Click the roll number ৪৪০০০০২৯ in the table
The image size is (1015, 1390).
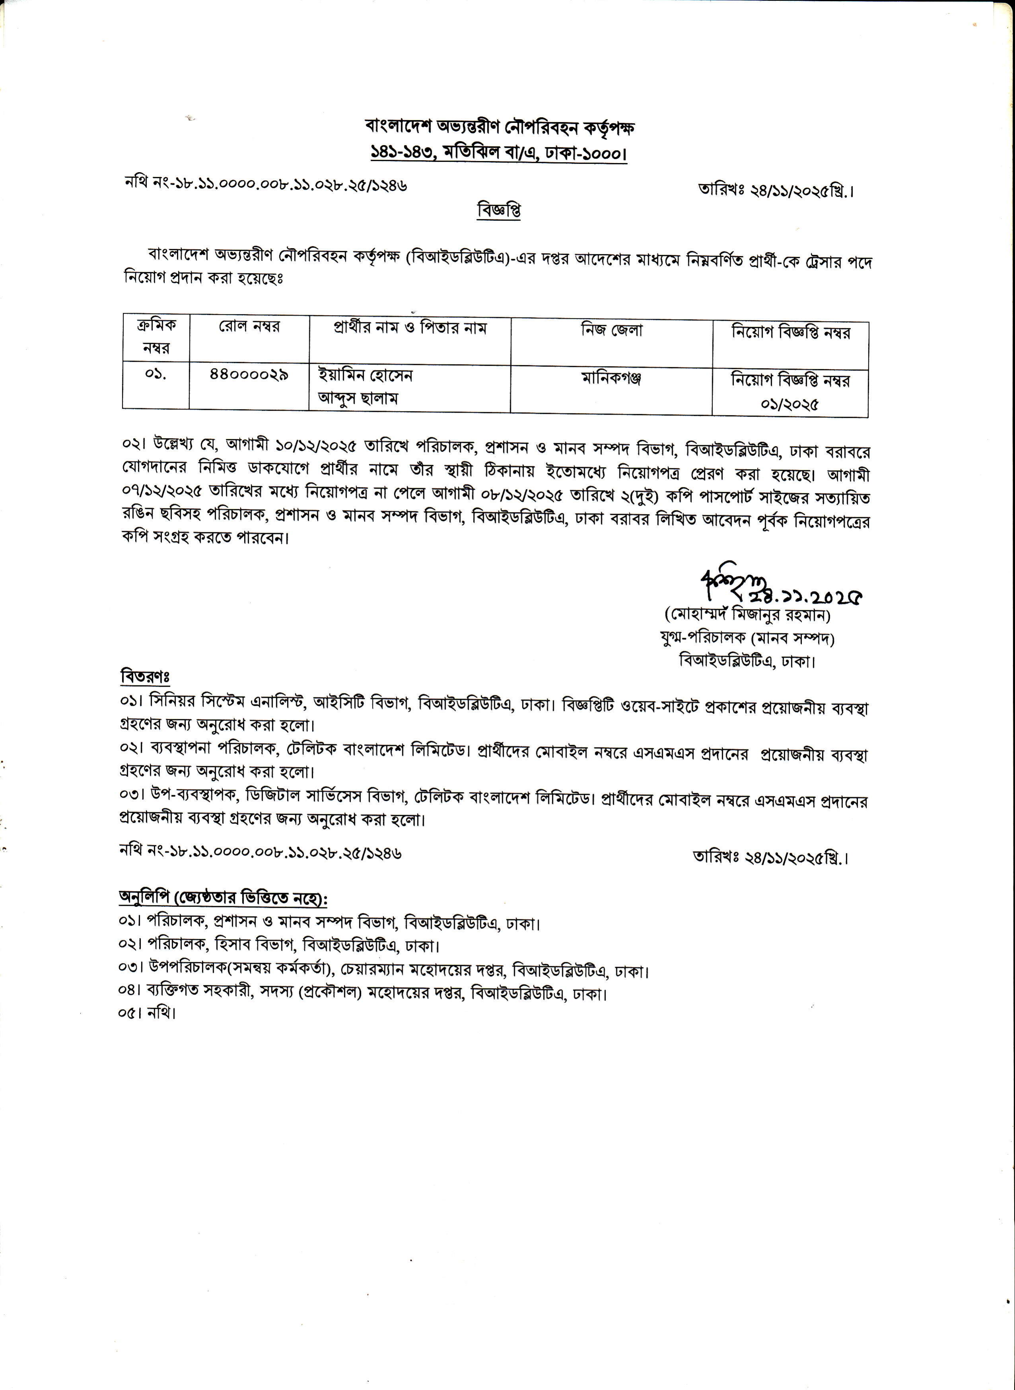coord(249,374)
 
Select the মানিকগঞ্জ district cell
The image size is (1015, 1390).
coord(611,379)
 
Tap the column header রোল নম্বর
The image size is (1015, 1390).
coord(249,326)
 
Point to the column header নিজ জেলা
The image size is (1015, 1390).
coord(611,330)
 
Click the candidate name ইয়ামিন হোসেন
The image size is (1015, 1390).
coord(365,375)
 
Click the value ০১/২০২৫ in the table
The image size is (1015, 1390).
coord(790,404)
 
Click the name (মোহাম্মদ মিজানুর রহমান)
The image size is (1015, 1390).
coord(748,615)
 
